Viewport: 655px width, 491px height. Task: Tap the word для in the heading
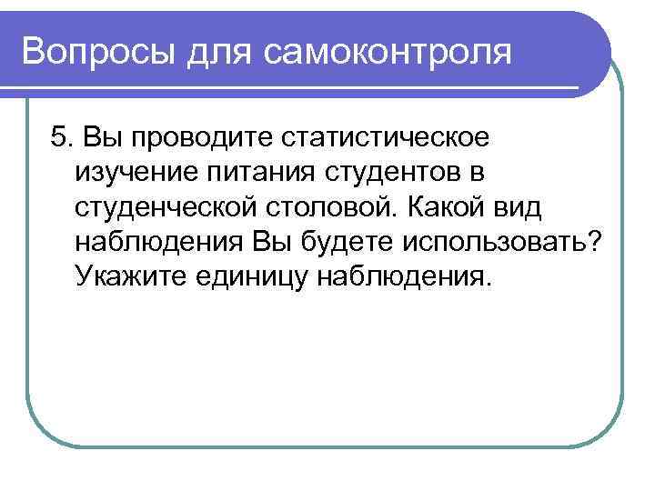(220, 51)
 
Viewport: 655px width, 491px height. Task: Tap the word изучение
(133, 172)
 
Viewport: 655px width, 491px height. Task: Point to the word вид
(518, 206)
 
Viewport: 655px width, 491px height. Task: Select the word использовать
(481, 241)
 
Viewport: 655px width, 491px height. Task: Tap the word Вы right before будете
(261, 241)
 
